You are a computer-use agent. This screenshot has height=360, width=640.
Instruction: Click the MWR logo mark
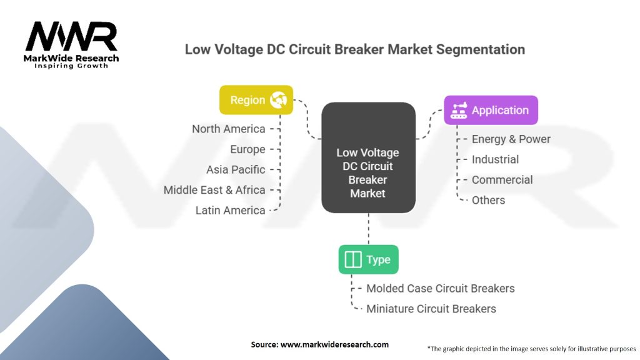coord(71,36)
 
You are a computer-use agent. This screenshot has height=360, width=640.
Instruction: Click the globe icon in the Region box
coord(278,100)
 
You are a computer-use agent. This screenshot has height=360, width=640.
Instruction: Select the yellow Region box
coord(256,100)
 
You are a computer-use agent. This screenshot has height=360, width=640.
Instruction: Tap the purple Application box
coord(491,110)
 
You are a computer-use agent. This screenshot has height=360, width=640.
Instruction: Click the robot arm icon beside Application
coord(459,111)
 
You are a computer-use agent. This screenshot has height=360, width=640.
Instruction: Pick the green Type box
coord(369,259)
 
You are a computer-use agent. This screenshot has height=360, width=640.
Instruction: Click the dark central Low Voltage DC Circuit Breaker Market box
coord(369,157)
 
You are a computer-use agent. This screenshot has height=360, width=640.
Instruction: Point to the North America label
coord(229,129)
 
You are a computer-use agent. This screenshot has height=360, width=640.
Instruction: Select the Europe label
coord(247,149)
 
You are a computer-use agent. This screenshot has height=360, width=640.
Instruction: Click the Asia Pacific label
coord(236,170)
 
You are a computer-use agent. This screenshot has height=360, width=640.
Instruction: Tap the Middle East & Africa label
coord(214,190)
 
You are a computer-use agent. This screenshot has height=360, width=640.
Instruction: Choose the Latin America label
coord(230,211)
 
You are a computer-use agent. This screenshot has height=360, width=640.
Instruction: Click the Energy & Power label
coord(511,139)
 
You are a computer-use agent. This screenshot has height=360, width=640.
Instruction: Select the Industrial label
coord(495,159)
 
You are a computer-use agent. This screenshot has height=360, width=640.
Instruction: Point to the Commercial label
coord(502,180)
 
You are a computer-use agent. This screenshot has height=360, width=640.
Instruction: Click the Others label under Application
coord(488,201)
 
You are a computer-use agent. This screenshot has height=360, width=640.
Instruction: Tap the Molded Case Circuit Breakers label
coord(441,289)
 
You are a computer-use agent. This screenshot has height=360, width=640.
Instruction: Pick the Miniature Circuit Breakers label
coord(431,309)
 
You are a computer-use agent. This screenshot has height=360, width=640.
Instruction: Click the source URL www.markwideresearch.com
coord(334,344)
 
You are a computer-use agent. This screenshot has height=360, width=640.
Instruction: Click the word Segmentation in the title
coord(481,50)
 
